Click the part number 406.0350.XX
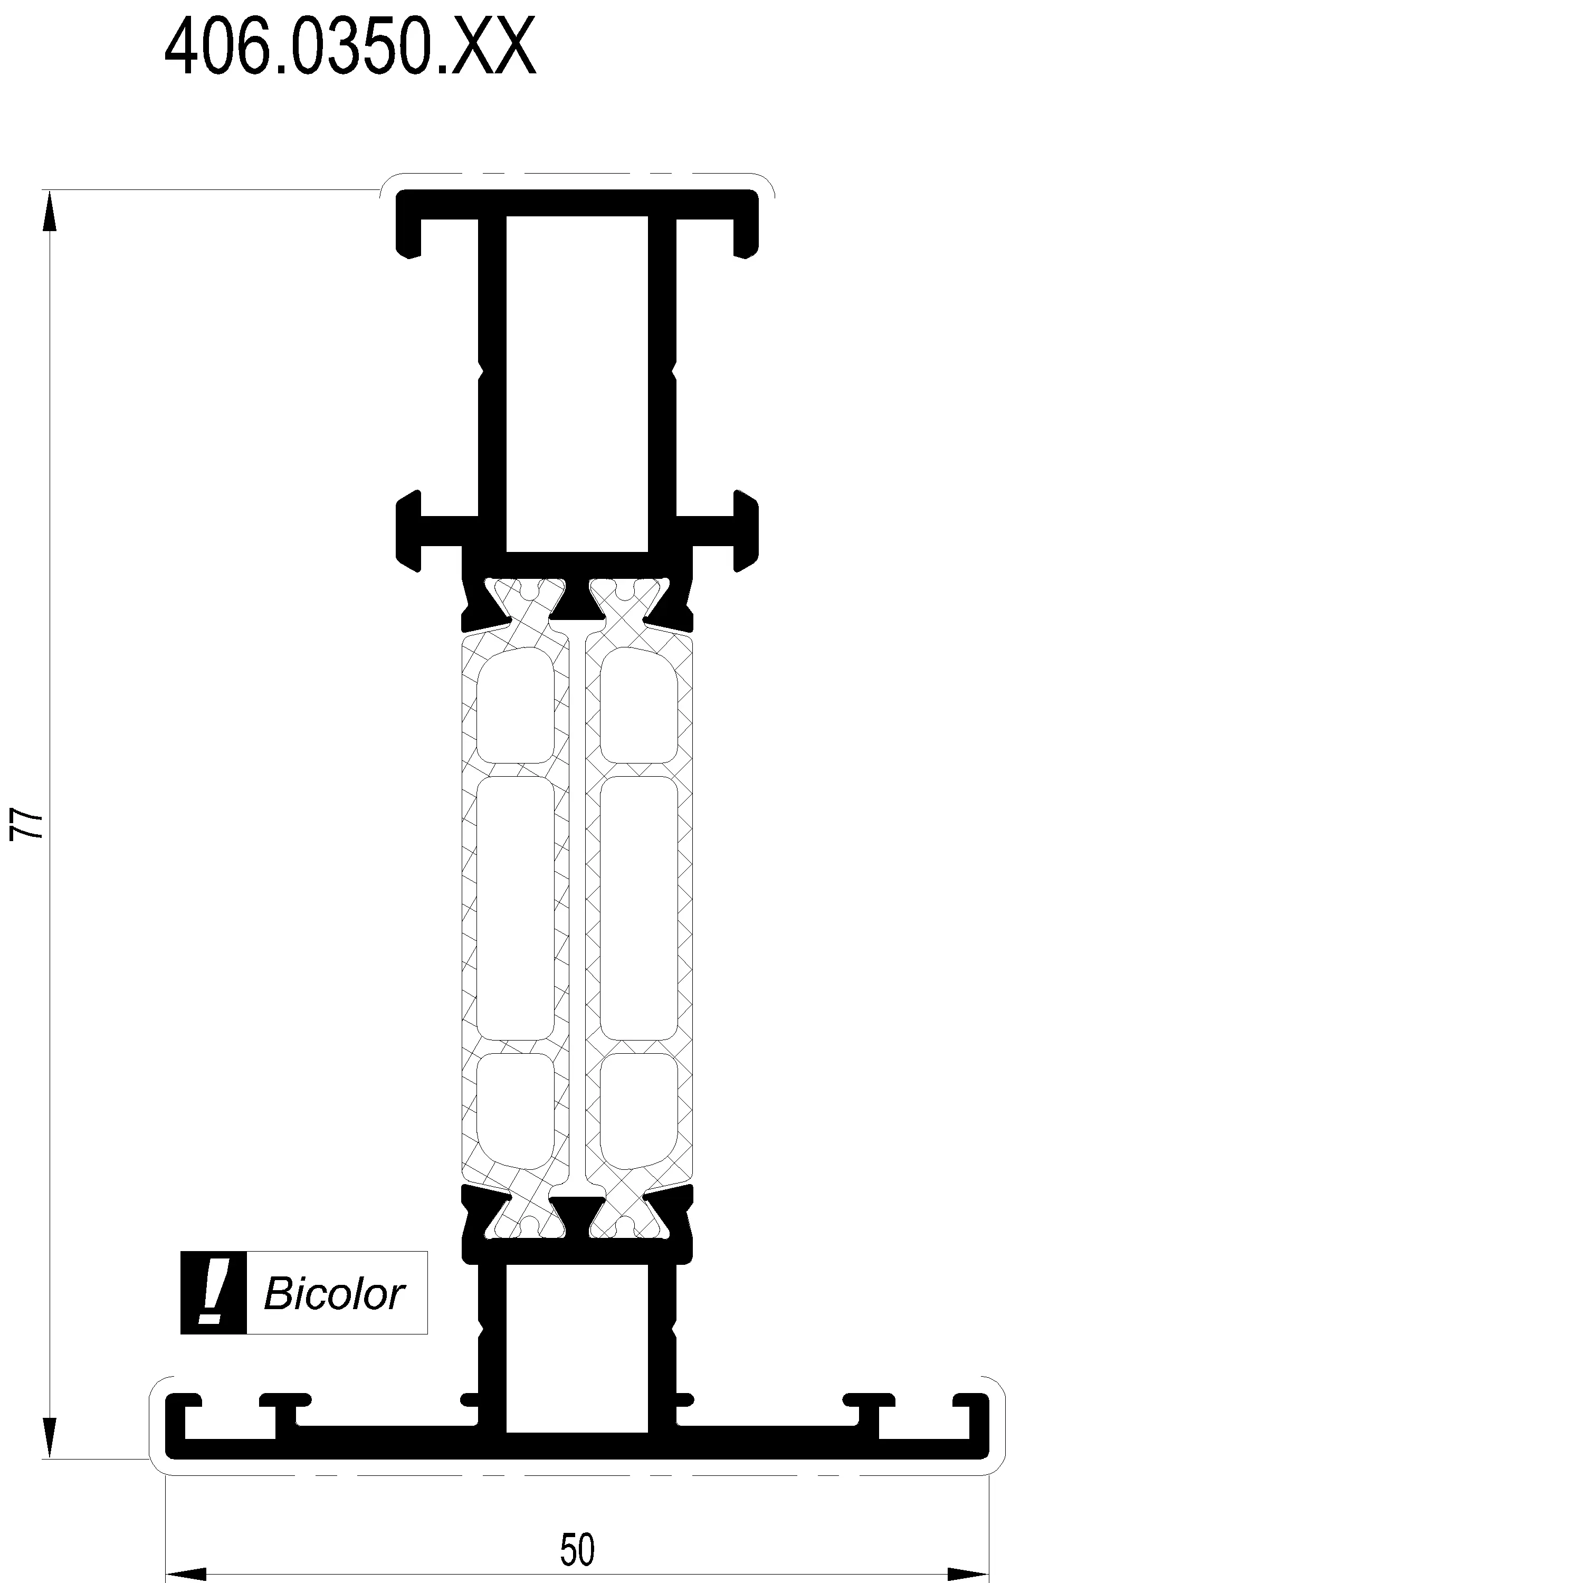(351, 47)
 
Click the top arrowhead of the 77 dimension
(50, 213)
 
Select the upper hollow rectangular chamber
(577, 384)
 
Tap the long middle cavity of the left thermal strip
(516, 908)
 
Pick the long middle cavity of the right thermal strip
(639, 908)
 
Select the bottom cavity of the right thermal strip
(639, 1109)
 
